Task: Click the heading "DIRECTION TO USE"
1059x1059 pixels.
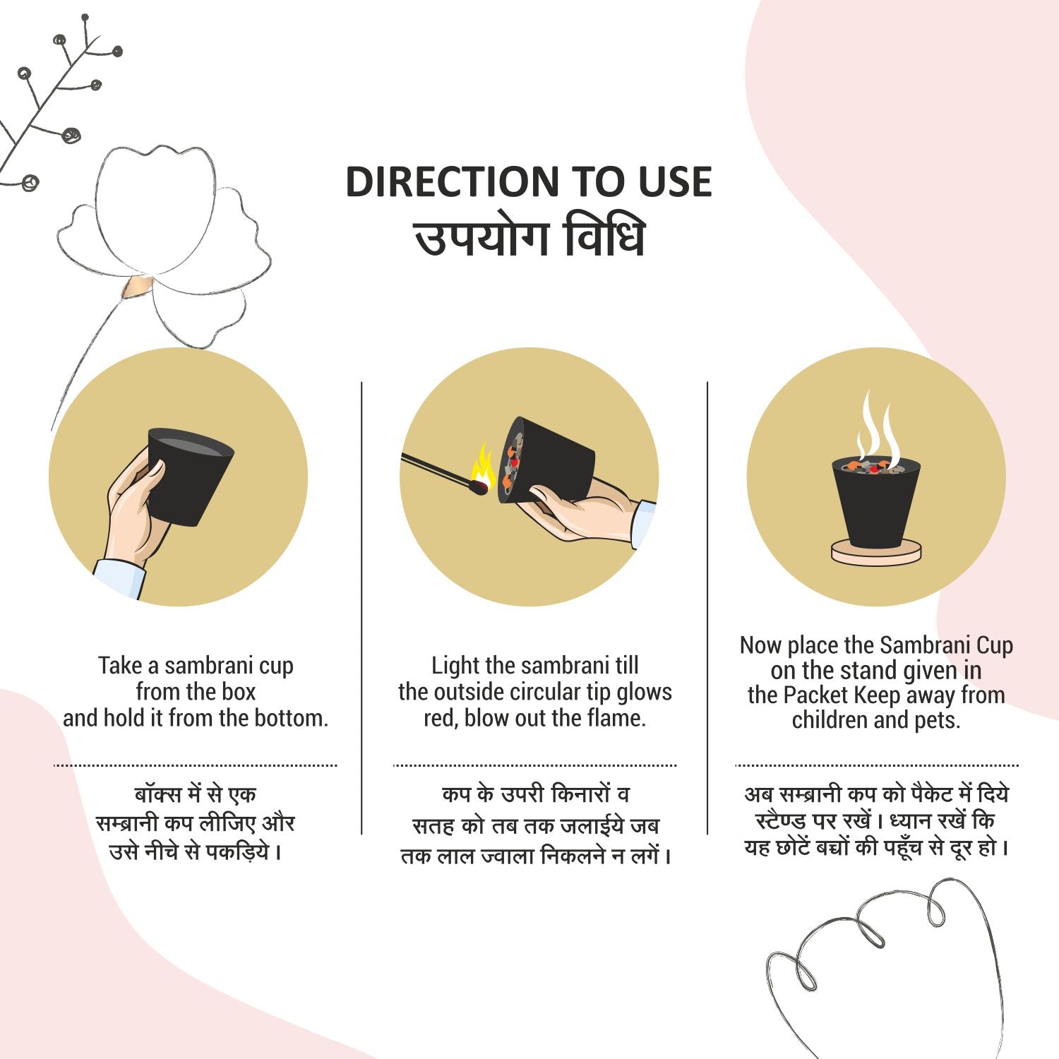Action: pos(529,181)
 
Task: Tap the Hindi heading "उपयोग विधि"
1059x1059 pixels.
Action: pos(529,238)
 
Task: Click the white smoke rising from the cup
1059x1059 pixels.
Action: pos(876,427)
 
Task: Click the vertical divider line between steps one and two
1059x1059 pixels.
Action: pos(361,608)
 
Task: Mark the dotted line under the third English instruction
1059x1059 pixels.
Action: pos(876,765)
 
